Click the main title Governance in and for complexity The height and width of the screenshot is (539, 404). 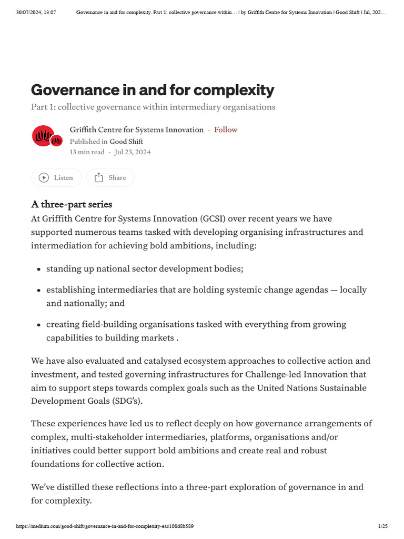pyautogui.click(x=153, y=90)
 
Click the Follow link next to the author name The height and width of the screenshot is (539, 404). pyautogui.click(x=226, y=129)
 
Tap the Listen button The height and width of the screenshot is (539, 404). pyautogui.click(x=56, y=178)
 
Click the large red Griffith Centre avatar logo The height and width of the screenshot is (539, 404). pyautogui.click(x=43, y=136)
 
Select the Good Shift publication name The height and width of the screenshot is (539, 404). pyautogui.click(x=126, y=142)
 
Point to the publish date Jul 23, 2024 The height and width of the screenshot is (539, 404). pyautogui.click(x=133, y=152)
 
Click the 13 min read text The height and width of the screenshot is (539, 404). pyautogui.click(x=87, y=152)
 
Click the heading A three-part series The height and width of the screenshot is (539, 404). pyautogui.click(x=72, y=204)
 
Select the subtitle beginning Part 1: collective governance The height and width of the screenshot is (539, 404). pyautogui.click(x=153, y=107)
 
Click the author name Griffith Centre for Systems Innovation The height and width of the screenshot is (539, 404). pyautogui.click(x=137, y=129)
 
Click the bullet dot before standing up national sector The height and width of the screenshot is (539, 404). pyautogui.click(x=39, y=269)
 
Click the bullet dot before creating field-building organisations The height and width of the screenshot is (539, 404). pyautogui.click(x=39, y=325)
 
